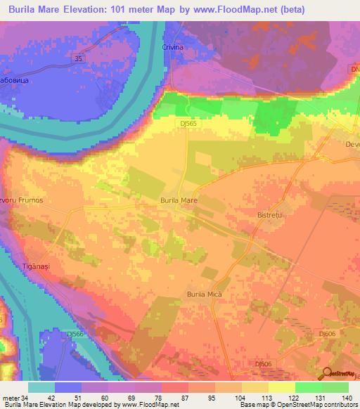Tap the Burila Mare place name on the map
(x=179, y=200)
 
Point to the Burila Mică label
(x=204, y=294)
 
